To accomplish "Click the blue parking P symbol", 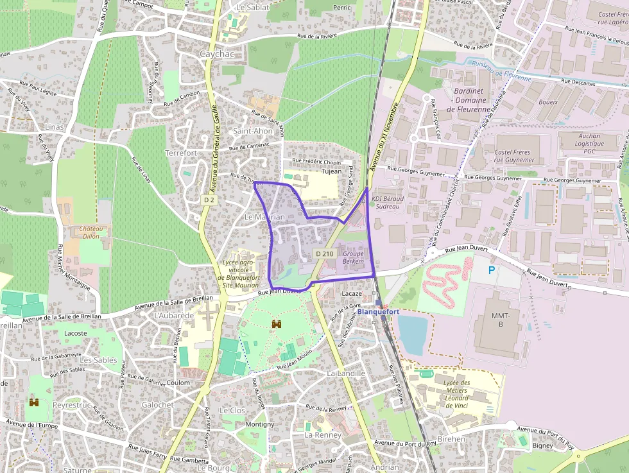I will click(x=492, y=271).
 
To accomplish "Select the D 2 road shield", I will click(x=209, y=200).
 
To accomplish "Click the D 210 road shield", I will click(x=325, y=254).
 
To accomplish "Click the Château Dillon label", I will click(x=92, y=232).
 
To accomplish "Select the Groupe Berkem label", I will click(x=353, y=257).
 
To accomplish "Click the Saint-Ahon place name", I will click(x=253, y=131).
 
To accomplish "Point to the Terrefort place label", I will click(x=181, y=153).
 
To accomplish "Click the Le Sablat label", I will click(x=253, y=7).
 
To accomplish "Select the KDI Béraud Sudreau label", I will click(x=387, y=203).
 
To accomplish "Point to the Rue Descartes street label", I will click(x=578, y=82).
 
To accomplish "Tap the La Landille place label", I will click(x=346, y=373).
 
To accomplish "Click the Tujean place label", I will click(x=332, y=171).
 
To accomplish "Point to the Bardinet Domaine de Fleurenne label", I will click(x=468, y=101).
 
